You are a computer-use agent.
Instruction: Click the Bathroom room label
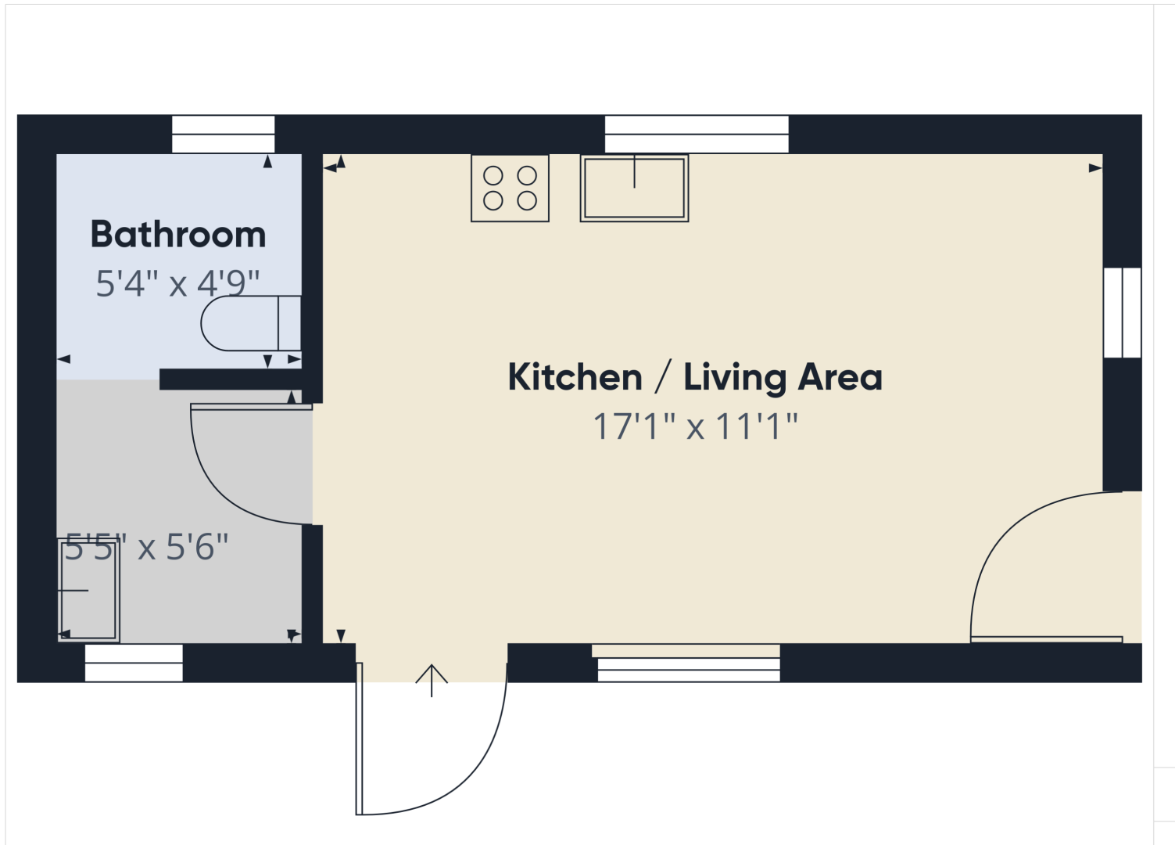tap(178, 234)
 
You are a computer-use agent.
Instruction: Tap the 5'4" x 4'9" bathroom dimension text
tap(177, 284)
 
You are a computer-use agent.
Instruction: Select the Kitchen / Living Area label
tap(695, 377)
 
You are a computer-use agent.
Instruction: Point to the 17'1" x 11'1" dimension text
tap(696, 426)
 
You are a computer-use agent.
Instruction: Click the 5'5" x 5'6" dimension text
tap(146, 547)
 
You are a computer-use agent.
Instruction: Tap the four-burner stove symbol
tap(510, 188)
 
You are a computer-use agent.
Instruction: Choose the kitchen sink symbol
tap(634, 188)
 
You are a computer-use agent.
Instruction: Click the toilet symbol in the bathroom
tap(251, 323)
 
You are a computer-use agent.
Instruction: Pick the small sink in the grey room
tap(88, 591)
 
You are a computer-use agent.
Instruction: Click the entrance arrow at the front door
tap(432, 681)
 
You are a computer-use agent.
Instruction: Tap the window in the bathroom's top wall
tap(224, 135)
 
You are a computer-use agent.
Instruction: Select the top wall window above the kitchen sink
tap(697, 135)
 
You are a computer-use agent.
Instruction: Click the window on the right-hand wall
tap(1122, 313)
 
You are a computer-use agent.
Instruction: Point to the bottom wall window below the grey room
tap(134, 663)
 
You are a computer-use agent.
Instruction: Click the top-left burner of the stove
tap(493, 176)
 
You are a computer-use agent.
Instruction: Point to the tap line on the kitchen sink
tap(634, 171)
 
